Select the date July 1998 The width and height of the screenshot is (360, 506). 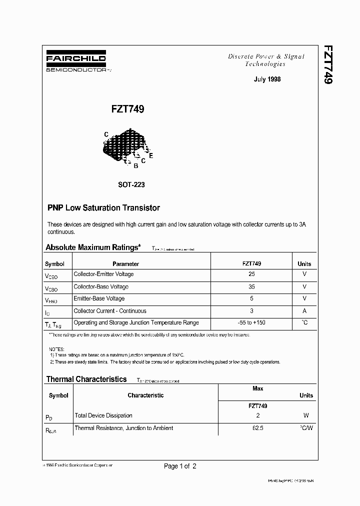pyautogui.click(x=267, y=79)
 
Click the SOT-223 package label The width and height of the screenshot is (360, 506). pyautogui.click(x=131, y=184)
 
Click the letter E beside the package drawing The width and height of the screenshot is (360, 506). pyautogui.click(x=151, y=155)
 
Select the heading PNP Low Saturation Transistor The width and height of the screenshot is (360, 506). pyautogui.click(x=103, y=207)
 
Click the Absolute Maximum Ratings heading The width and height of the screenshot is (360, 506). pyautogui.click(x=93, y=247)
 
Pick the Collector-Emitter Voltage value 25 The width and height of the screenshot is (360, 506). pyautogui.click(x=251, y=274)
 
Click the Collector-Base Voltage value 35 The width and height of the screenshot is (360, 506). pyautogui.click(x=251, y=286)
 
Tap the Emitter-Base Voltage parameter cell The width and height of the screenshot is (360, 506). pyautogui.click(x=99, y=298)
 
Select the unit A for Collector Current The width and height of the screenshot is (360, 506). pyautogui.click(x=304, y=310)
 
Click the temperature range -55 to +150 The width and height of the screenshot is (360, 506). pyautogui.click(x=251, y=322)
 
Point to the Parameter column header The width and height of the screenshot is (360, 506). pyautogui.click(x=125, y=263)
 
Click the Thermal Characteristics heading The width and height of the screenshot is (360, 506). pyautogui.click(x=86, y=379)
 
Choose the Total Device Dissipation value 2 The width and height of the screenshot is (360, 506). pyautogui.click(x=257, y=415)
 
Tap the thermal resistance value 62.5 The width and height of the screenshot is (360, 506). pyautogui.click(x=257, y=428)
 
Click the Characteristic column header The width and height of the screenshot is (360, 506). pyautogui.click(x=145, y=395)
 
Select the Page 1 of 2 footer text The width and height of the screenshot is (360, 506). pyautogui.click(x=180, y=466)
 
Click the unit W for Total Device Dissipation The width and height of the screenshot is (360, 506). pyautogui.click(x=306, y=415)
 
